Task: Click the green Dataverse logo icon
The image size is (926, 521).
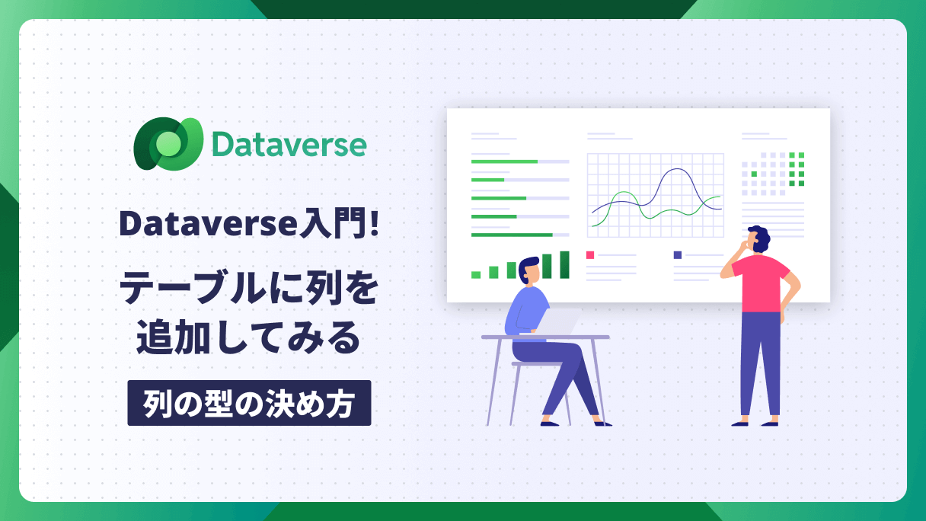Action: point(168,143)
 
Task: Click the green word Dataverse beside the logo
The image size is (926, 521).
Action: point(289,145)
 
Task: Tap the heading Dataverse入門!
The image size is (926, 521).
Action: point(249,223)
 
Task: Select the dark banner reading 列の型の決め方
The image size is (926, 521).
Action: point(249,403)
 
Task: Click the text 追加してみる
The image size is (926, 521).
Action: point(248,337)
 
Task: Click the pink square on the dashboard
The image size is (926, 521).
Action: point(590,255)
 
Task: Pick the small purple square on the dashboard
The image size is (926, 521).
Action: point(678,255)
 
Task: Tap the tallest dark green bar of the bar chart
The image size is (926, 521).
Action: point(564,264)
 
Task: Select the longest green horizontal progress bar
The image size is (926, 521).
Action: point(512,235)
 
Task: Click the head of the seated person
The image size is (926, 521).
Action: point(529,270)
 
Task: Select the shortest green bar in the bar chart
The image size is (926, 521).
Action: point(476,275)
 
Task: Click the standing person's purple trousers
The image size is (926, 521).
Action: point(760,363)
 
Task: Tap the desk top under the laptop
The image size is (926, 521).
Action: point(546,337)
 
